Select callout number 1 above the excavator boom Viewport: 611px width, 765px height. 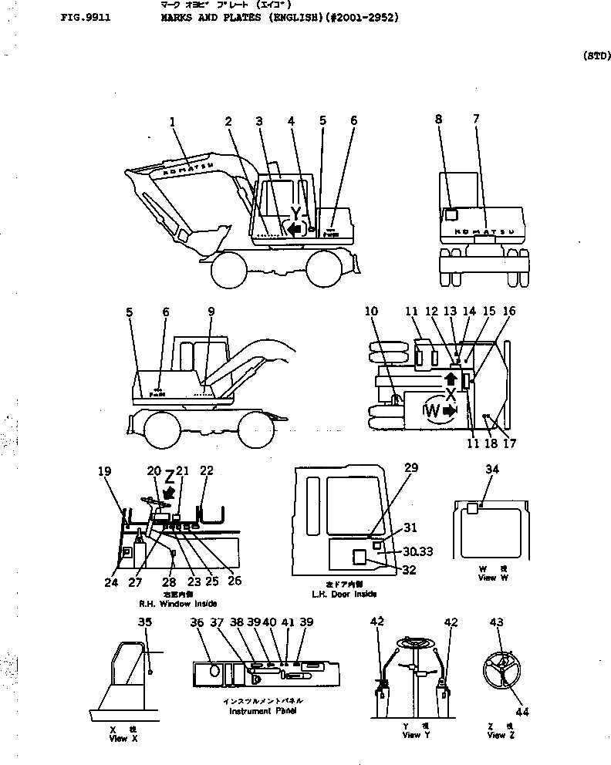point(173,121)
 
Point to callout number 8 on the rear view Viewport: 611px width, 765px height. point(438,120)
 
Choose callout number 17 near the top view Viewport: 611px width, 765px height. point(510,443)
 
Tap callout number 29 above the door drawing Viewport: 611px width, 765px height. point(411,468)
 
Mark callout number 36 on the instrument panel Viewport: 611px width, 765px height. point(198,623)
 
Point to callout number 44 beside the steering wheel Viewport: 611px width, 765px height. point(522,713)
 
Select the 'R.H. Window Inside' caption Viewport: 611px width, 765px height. point(177,603)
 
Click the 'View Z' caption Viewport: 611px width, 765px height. point(496,735)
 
